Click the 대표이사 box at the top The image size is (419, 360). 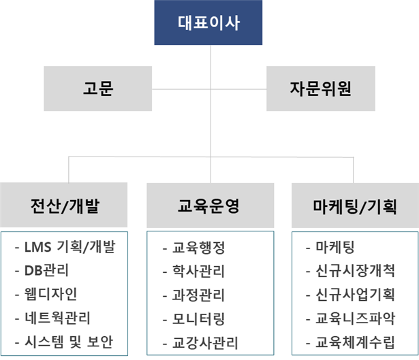tap(208, 22)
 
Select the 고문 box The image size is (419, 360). tap(98, 88)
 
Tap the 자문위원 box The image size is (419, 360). tap(321, 88)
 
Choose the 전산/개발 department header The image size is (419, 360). tap(64, 205)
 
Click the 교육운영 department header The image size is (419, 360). tap(211, 206)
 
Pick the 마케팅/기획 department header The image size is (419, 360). tap(355, 206)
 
